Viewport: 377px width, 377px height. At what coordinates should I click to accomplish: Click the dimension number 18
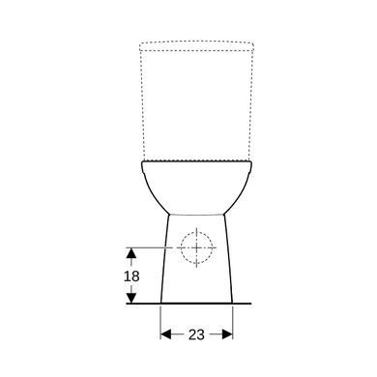pos(131,276)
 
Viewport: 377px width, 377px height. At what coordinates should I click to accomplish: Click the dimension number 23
pos(196,334)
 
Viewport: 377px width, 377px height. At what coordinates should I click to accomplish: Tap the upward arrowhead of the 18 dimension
pos(130,253)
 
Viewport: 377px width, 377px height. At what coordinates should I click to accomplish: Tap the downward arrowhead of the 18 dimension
pos(130,298)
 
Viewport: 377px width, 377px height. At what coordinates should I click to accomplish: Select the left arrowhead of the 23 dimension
pos(166,334)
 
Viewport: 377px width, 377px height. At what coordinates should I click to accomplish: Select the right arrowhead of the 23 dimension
pos(227,334)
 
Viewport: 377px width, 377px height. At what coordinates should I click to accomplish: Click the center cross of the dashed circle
pos(196,247)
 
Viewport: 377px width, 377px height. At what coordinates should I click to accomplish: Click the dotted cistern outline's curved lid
pos(196,42)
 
